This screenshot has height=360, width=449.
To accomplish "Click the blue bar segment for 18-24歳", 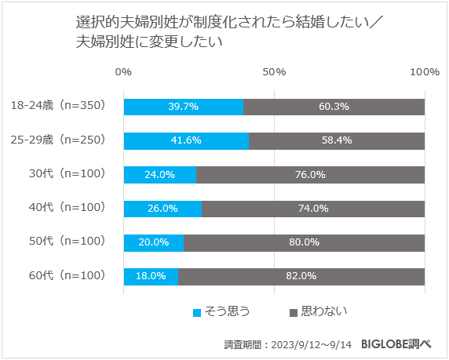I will (x=183, y=107).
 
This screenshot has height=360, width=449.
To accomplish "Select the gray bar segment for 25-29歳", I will (x=337, y=140).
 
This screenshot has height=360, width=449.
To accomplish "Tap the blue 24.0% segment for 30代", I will (x=159, y=175).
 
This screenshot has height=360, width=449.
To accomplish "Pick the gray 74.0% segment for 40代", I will (x=313, y=209).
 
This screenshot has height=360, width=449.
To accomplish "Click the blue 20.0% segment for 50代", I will (x=153, y=242).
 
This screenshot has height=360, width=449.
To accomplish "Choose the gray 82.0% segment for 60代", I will (x=301, y=276).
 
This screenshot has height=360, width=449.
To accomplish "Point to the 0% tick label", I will (x=123, y=72).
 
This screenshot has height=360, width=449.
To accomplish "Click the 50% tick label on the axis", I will (x=274, y=72).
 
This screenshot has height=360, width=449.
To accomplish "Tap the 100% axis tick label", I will (x=425, y=72).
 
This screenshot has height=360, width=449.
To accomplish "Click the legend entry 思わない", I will (x=318, y=312).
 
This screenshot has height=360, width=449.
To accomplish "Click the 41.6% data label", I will (x=185, y=140).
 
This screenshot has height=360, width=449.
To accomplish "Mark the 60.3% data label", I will (x=334, y=107).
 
